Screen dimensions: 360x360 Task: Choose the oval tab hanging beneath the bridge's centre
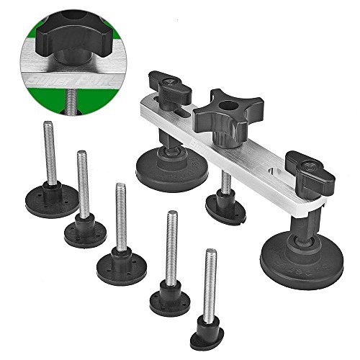pyautogui.click(x=225, y=208)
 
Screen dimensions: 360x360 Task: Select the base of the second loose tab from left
pyautogui.click(x=84, y=232)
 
